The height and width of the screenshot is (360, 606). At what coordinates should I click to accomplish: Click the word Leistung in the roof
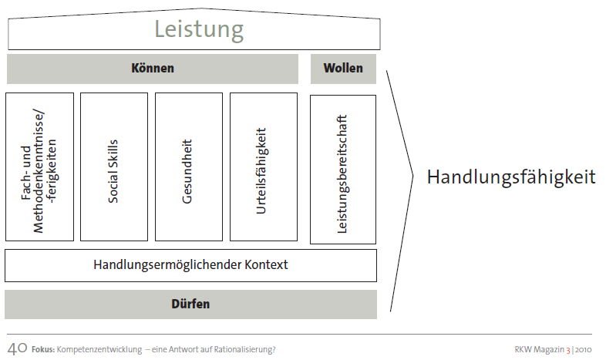(x=199, y=30)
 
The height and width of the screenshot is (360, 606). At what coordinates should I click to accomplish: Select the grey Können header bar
(x=153, y=69)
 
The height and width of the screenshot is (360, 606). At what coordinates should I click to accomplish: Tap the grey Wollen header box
(x=343, y=69)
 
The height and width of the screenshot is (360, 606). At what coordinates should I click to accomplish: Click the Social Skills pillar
(x=113, y=167)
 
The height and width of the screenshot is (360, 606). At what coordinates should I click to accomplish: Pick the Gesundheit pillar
(x=188, y=167)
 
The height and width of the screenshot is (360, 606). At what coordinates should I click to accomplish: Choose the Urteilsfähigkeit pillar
(x=263, y=167)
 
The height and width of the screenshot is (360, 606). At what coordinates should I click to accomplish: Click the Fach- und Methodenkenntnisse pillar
(x=39, y=167)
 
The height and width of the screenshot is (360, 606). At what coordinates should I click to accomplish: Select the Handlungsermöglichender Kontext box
(x=190, y=265)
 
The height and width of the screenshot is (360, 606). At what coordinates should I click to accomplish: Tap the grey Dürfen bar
(x=190, y=304)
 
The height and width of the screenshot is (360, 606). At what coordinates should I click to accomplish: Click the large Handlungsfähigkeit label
(x=511, y=177)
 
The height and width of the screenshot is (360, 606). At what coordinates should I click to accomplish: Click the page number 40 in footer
(x=16, y=348)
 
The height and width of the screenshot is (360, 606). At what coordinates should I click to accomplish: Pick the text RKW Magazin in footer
(x=538, y=349)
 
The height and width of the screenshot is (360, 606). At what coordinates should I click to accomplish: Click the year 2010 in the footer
(x=583, y=349)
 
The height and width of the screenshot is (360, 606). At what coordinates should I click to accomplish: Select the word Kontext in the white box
(x=263, y=265)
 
